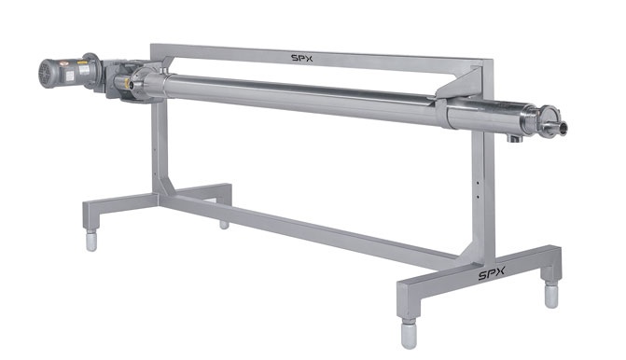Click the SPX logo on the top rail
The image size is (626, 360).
tap(302, 58)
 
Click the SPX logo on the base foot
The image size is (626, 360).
tap(492, 273)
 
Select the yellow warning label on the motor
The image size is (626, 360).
tap(82, 62)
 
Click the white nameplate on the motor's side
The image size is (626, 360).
tap(84, 70)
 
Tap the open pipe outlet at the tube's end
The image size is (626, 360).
tap(563, 128)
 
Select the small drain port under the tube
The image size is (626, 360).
tap(515, 138)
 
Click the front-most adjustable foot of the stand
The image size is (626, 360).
tap(409, 333)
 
